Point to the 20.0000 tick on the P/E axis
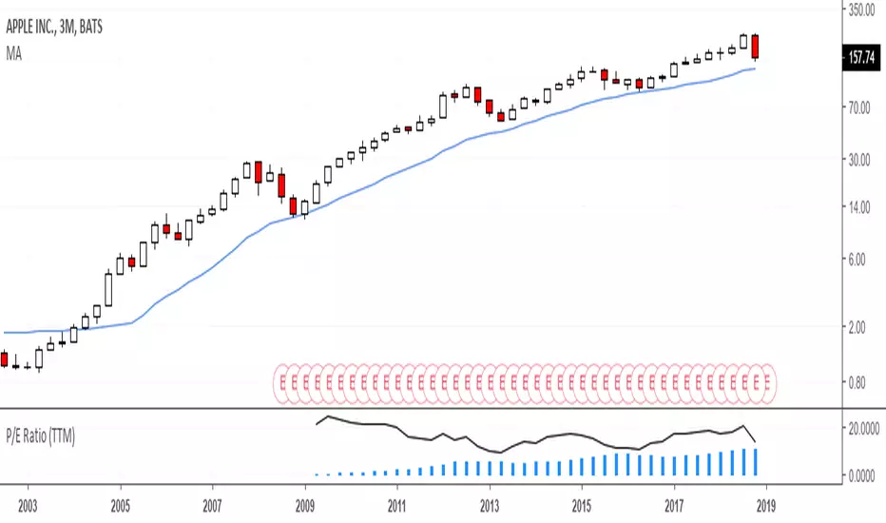[x=863, y=429]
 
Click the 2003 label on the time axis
[x=28, y=505]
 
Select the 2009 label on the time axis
[x=304, y=505]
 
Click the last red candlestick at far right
[x=755, y=47]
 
